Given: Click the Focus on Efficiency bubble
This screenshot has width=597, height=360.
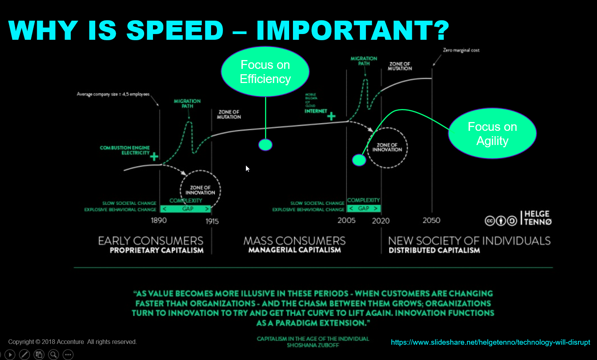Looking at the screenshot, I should [x=265, y=72].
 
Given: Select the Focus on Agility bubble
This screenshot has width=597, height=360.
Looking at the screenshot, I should [x=492, y=134].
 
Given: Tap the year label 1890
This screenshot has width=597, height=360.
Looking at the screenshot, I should [x=159, y=220].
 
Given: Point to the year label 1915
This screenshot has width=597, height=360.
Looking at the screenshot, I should [x=212, y=221].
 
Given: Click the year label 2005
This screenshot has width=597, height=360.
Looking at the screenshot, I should [x=346, y=220].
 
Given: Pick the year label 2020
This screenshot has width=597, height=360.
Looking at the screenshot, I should [x=381, y=221].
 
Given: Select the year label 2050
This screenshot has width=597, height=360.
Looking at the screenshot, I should [x=431, y=220].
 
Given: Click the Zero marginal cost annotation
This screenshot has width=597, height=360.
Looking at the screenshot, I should [x=461, y=50].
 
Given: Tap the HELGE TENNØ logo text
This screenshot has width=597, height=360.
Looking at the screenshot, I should [x=537, y=218].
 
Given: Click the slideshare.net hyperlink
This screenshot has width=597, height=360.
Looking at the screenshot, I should [x=490, y=342].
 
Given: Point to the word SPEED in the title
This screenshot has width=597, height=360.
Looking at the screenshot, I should [x=175, y=30].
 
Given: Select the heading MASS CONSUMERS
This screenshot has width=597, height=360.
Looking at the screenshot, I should [x=294, y=241].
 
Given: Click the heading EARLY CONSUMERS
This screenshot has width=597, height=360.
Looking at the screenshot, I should [x=151, y=241].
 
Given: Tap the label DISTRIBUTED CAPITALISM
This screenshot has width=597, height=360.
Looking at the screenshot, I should [x=434, y=250].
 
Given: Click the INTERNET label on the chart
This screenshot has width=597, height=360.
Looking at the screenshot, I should [x=316, y=111].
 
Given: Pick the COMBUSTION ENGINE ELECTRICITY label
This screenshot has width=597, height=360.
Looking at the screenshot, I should [x=125, y=150].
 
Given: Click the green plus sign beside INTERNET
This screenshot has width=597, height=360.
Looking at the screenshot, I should [x=331, y=116].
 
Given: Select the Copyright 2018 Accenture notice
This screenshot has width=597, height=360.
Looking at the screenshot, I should [x=73, y=342].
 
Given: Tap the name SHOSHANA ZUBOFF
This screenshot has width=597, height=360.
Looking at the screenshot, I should [x=313, y=345].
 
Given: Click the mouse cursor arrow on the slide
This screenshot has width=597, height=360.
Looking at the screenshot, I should [x=247, y=168].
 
